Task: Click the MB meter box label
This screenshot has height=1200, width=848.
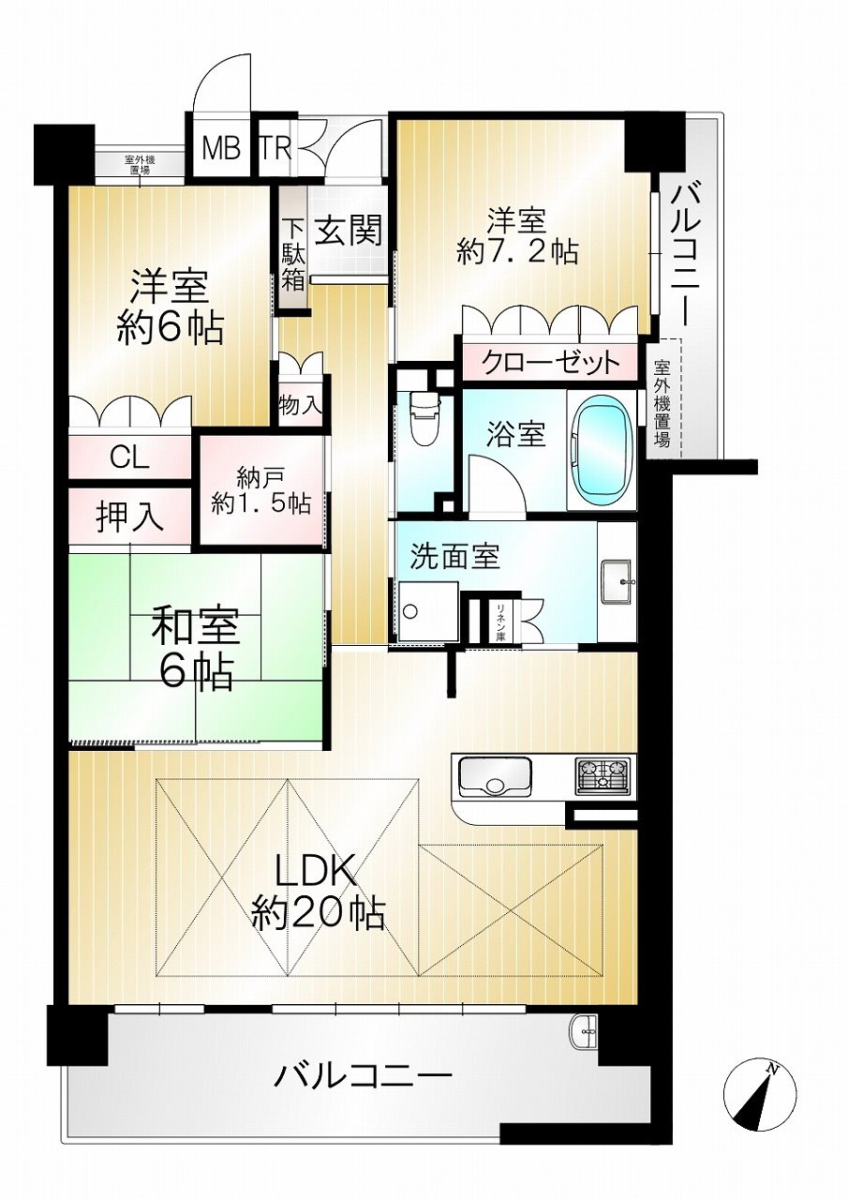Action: point(220,149)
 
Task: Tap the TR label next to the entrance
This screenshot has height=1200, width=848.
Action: point(275,149)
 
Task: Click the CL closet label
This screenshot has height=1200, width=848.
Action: point(129,458)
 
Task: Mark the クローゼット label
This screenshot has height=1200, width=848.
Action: point(550,364)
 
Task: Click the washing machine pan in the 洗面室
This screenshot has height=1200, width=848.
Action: point(428,611)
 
